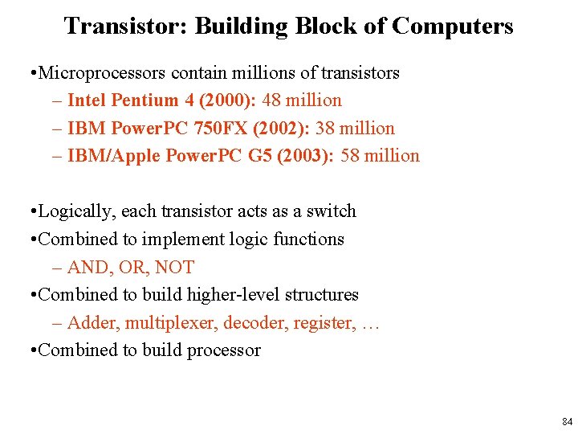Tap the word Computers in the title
(x=452, y=27)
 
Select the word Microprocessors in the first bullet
(x=102, y=73)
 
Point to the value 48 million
(x=310, y=100)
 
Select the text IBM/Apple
(x=114, y=156)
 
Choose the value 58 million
(x=381, y=156)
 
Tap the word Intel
(x=88, y=100)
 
